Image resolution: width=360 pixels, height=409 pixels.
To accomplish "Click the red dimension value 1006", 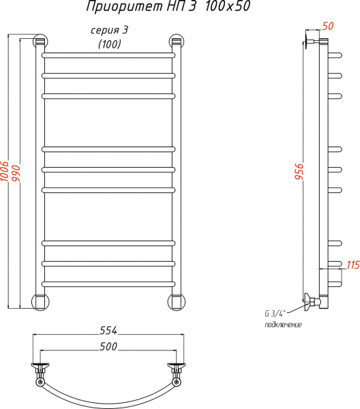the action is (x=5, y=171).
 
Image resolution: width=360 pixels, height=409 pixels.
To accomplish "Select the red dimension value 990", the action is (x=16, y=173).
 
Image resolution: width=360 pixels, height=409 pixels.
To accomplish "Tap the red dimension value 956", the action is (x=299, y=172).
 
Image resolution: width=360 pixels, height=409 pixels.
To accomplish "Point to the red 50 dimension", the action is (x=328, y=26).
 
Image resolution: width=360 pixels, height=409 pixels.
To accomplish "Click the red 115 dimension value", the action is (x=352, y=265).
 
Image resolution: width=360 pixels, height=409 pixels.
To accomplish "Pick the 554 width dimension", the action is (x=108, y=331).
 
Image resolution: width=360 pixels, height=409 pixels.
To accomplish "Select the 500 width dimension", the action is (x=108, y=346).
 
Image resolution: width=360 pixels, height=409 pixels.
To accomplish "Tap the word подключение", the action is (x=284, y=324).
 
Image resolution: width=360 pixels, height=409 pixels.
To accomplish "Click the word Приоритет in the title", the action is (x=125, y=7).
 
